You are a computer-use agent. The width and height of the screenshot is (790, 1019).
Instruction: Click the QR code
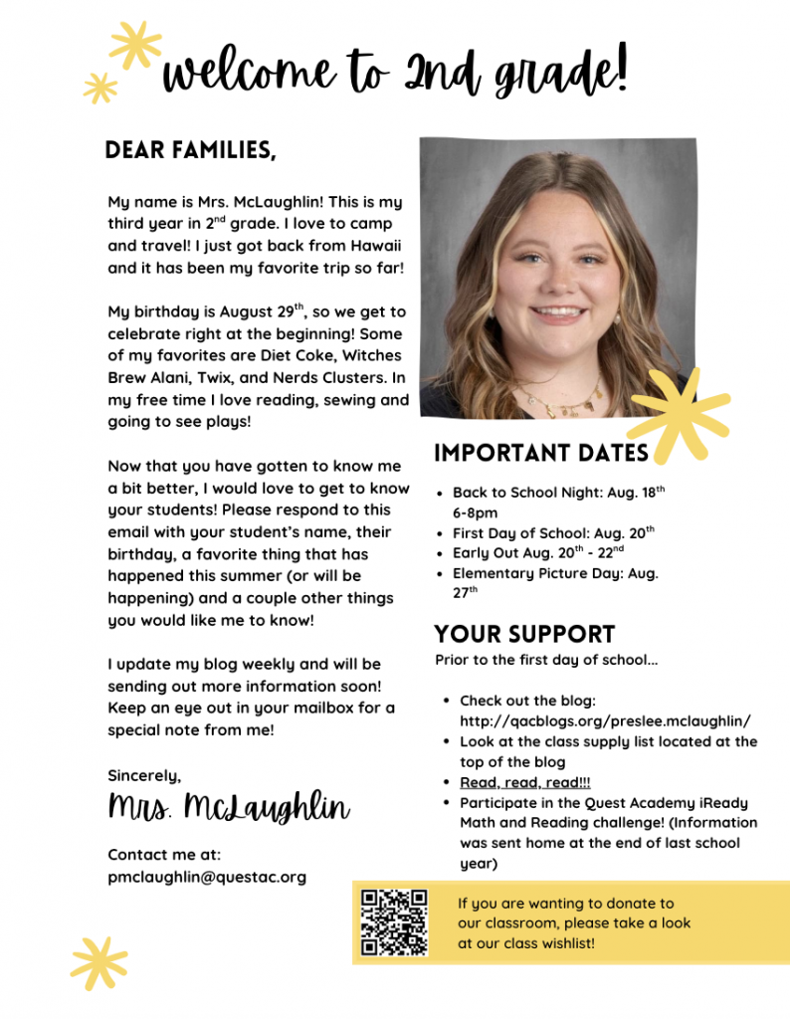tap(394, 922)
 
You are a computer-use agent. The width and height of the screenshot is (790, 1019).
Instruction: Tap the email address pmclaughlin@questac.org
tap(207, 877)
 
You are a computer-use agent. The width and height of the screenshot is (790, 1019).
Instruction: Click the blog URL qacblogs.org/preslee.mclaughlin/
tap(605, 720)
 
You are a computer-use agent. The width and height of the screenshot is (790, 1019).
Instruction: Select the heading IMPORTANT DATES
tap(541, 454)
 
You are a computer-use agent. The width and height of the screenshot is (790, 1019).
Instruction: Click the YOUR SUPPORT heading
tap(524, 634)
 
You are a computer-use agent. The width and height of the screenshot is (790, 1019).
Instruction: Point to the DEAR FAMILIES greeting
tap(190, 150)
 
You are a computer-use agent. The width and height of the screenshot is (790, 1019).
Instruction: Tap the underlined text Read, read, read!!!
tap(524, 782)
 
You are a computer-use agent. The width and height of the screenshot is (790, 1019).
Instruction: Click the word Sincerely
tap(144, 774)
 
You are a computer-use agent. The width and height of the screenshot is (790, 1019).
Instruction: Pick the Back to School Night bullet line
tap(557, 493)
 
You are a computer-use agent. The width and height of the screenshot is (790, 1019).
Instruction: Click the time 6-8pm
tap(476, 513)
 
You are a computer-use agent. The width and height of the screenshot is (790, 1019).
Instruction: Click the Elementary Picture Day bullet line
tap(555, 573)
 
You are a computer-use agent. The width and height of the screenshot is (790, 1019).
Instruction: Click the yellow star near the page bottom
tap(99, 962)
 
